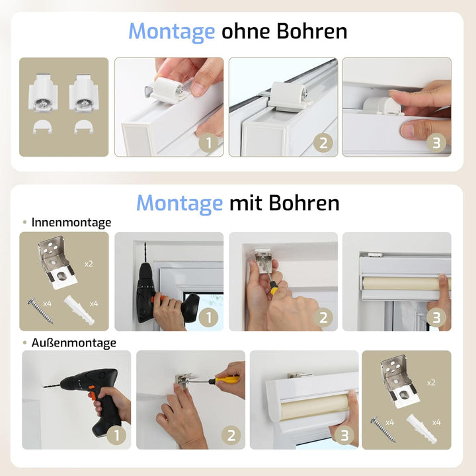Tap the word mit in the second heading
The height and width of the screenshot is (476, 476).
click(247, 203)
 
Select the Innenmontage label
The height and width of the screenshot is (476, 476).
click(71, 223)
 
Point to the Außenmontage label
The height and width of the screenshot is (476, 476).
click(73, 342)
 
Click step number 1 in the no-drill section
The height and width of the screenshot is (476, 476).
click(209, 143)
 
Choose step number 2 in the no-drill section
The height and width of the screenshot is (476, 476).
click(323, 143)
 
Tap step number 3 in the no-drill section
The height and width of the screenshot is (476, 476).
click(436, 143)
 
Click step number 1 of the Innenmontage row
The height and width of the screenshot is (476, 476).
click(209, 317)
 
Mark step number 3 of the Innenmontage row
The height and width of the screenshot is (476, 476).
click(436, 317)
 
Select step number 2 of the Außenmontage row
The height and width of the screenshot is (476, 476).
click(231, 436)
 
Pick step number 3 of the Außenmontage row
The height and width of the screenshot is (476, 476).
click(344, 436)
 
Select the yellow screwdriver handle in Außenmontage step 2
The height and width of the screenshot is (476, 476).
click(229, 379)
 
